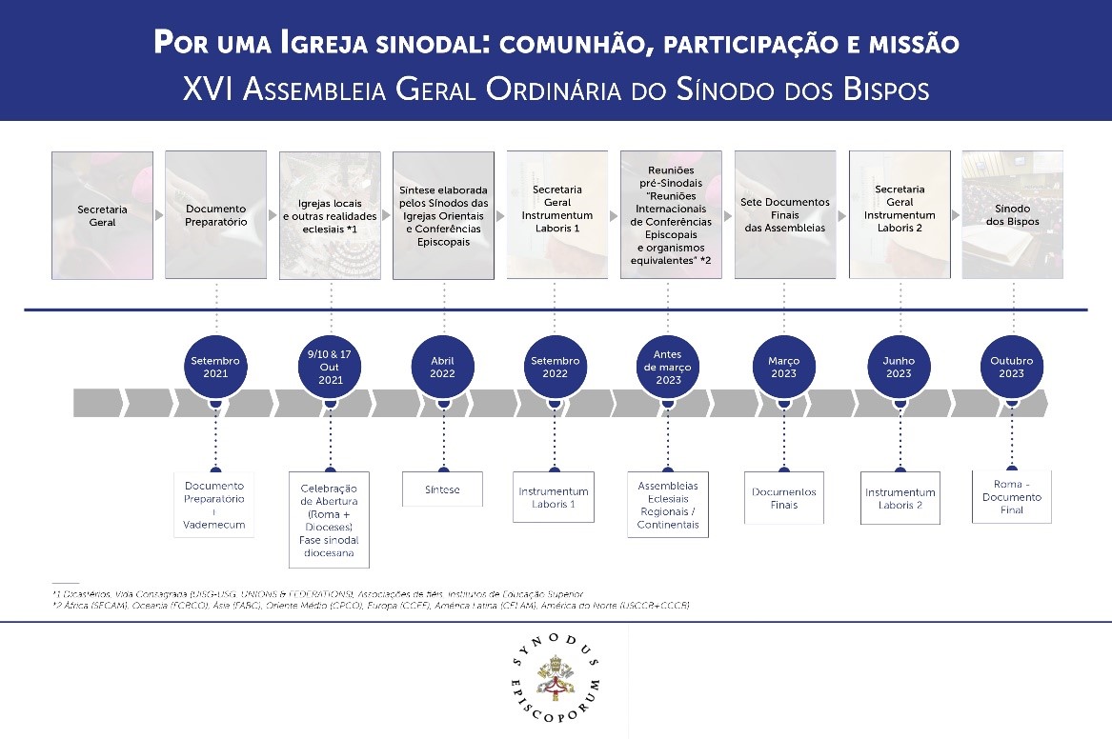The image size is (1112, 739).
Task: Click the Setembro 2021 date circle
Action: click(215, 367)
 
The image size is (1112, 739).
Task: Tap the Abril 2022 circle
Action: click(443, 367)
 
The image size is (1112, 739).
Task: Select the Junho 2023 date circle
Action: click(899, 367)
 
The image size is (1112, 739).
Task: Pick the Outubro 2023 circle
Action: click(1012, 367)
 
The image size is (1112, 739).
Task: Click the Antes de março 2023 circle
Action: click(669, 367)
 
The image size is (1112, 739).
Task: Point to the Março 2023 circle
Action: click(783, 367)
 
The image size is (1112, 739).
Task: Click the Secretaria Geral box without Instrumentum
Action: click(102, 215)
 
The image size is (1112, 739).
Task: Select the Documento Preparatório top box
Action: click(215, 215)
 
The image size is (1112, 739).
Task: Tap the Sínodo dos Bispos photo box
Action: click(1012, 215)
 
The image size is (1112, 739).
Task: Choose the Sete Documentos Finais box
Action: click(785, 215)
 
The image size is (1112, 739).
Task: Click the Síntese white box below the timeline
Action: click(442, 489)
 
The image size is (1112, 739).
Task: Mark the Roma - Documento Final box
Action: click(1012, 497)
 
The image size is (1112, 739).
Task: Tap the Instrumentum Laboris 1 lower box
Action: click(554, 497)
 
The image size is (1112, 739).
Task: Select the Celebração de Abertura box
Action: click(330, 519)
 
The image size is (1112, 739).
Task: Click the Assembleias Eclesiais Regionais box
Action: click(668, 505)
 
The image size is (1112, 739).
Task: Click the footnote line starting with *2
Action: click(372, 606)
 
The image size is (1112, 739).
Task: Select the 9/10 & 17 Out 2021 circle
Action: click(330, 367)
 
